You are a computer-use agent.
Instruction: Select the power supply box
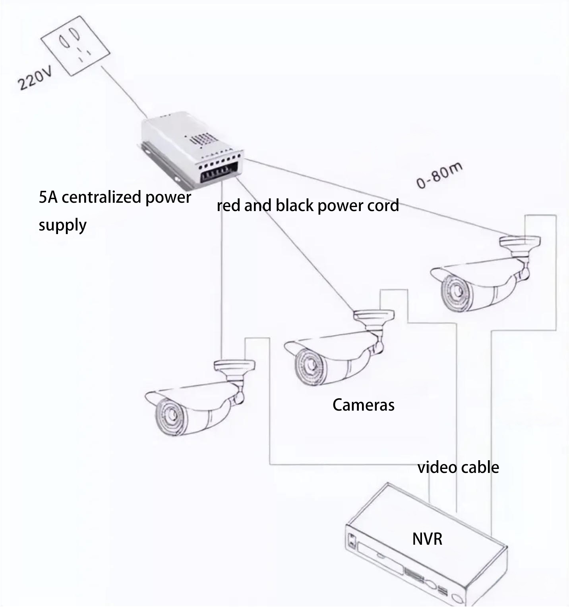pyautogui.click(x=191, y=150)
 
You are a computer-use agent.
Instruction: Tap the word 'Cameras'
pyautogui.click(x=363, y=405)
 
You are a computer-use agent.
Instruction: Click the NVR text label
pyautogui.click(x=427, y=539)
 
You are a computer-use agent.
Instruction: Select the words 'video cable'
pyautogui.click(x=458, y=467)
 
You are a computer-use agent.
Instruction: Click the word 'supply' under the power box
pyautogui.click(x=62, y=225)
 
